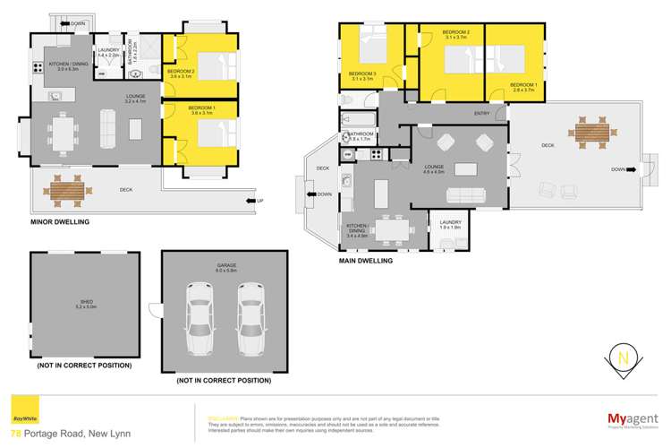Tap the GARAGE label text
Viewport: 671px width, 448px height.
click(225, 264)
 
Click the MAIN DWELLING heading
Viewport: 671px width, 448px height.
click(365, 261)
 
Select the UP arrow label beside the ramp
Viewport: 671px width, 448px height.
click(260, 200)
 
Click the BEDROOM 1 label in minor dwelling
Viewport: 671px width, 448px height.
click(201, 109)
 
